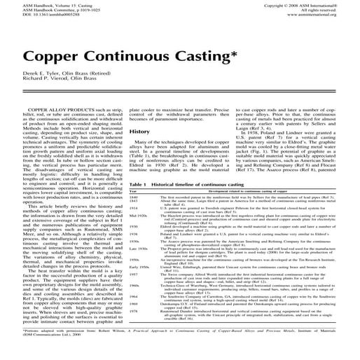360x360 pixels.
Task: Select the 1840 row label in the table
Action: [x=115, y=198]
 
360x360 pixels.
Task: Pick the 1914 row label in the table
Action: [x=115, y=209]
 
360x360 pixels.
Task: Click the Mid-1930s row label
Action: [x=118, y=216]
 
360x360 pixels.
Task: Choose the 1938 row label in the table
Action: [x=115, y=233]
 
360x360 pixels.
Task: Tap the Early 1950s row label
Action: [x=120, y=268]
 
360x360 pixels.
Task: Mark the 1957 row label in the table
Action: [x=115, y=275]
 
